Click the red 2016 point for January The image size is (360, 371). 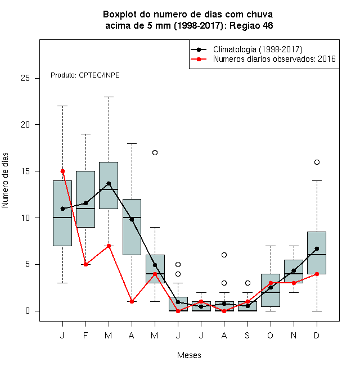coord(62,171)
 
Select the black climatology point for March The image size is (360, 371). coord(109,183)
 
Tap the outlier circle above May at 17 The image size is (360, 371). coord(155,152)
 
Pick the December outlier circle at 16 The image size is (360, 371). coord(317,162)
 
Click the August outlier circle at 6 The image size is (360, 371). coord(224,255)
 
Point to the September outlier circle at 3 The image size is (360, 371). coord(247,283)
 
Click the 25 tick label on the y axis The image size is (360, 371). coord(25,78)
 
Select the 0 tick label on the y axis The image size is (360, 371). coord(28,311)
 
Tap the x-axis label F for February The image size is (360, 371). coord(85,335)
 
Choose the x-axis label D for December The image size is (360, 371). coord(317,335)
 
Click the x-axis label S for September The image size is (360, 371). coord(247,335)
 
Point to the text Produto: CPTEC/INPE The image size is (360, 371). coord(85,75)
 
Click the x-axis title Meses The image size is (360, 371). coord(189,355)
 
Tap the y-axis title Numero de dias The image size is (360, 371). coord(5,180)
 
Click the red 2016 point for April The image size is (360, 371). coord(132,301)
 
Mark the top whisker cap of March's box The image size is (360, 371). coord(109,97)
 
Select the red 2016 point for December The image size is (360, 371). coord(317,274)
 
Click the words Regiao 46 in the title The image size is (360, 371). coord(251,25)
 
